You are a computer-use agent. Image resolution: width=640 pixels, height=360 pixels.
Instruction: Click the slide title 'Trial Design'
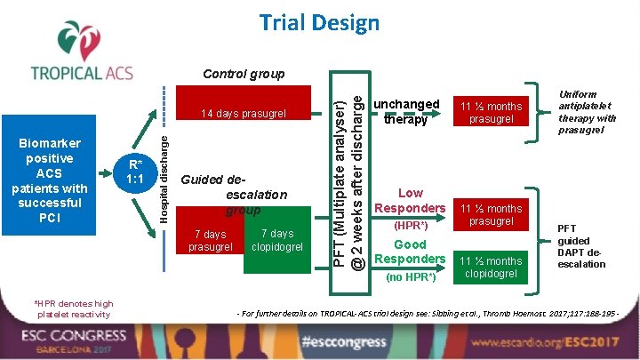click(x=319, y=22)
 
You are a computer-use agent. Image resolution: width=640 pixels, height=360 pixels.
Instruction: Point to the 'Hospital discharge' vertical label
click(x=164, y=173)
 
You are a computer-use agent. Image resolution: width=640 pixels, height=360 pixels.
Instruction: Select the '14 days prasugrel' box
click(x=243, y=113)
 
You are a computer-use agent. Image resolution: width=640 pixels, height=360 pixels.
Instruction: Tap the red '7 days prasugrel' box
click(x=211, y=240)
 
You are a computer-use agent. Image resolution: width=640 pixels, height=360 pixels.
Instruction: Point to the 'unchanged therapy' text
click(x=406, y=111)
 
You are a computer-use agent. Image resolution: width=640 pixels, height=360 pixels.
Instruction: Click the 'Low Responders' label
click(x=410, y=200)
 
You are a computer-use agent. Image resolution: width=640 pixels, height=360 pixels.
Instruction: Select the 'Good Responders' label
click(x=410, y=252)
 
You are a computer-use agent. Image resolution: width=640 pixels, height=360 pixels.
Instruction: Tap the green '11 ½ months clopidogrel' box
click(x=491, y=267)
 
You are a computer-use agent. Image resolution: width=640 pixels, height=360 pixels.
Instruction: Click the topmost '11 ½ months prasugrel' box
click(x=491, y=112)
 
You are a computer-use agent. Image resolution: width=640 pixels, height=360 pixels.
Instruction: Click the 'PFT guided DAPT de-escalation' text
click(x=580, y=246)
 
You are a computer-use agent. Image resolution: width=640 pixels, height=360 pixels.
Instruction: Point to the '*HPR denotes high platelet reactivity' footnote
click(x=75, y=308)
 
